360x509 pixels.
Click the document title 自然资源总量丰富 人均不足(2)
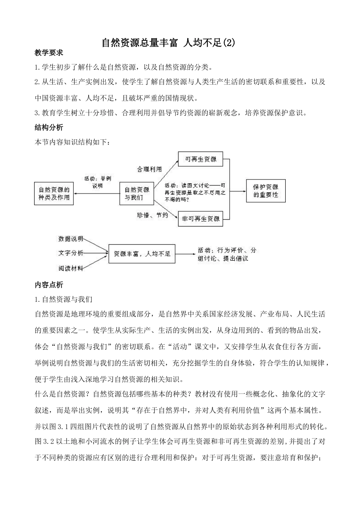(168, 42)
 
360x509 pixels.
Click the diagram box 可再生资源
(200, 159)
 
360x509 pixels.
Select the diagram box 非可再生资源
(200, 219)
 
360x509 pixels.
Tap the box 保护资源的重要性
(265, 190)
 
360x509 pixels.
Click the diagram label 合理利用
(149, 169)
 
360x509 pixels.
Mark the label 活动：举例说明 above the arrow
(97, 182)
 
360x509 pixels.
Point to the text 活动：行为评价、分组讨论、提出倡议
(227, 254)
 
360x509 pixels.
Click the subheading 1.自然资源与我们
(63, 300)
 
